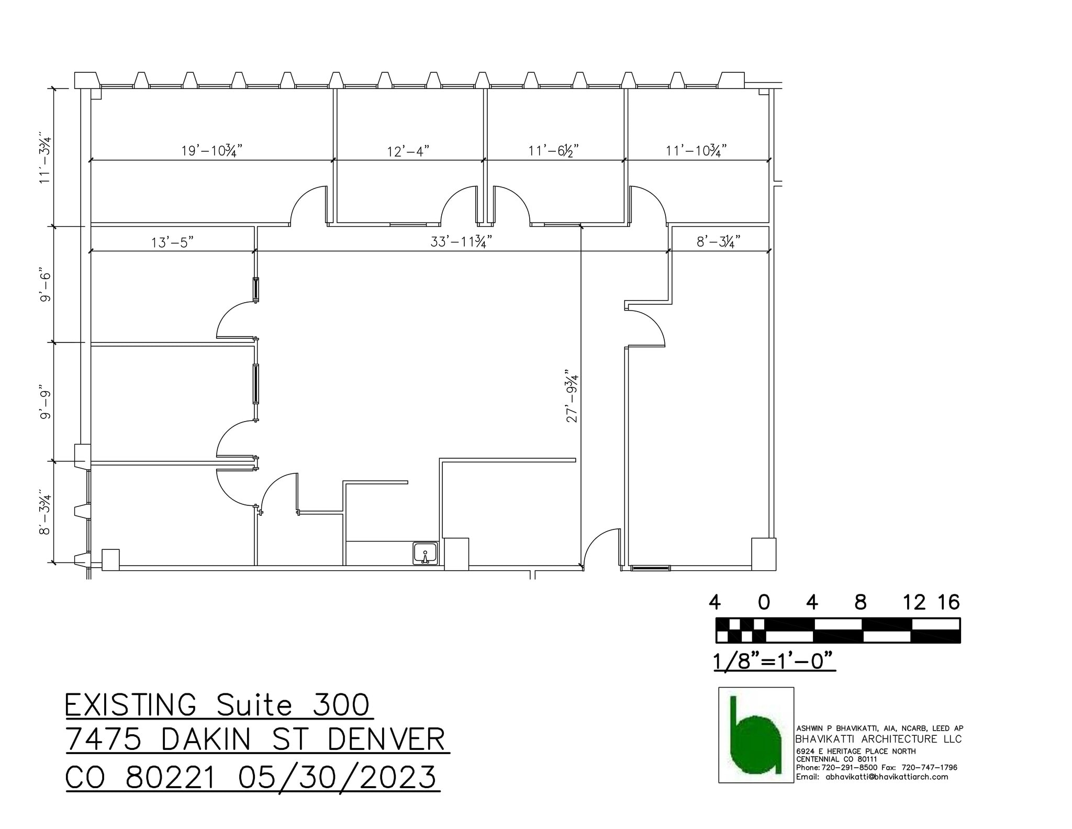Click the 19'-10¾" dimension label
211,151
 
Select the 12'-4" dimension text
408,151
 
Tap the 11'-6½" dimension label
553,151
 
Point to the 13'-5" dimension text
173,242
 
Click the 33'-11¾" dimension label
461,242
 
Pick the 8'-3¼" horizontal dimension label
718,242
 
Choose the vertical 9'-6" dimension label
46,286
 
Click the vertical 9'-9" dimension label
46,404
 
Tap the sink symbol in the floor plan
425,554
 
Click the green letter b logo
755,735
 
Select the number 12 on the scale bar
914,603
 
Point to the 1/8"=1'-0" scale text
774,661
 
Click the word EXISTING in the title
131,705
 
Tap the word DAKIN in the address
218,740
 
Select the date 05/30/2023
337,777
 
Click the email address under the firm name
886,777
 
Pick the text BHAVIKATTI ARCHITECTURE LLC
878,739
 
